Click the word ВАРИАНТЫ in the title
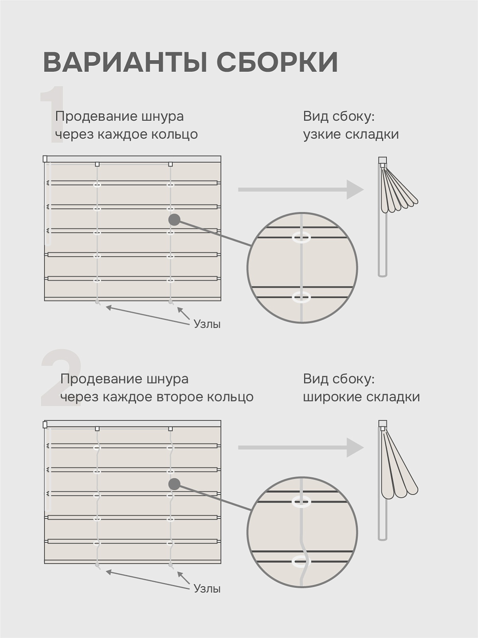(x=125, y=62)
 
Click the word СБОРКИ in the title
(x=278, y=62)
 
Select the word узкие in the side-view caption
(x=322, y=134)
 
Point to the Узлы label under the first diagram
(x=207, y=324)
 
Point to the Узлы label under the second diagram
(x=207, y=589)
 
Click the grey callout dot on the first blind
(x=174, y=220)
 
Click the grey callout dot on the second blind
(x=174, y=484)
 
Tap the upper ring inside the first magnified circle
(x=302, y=238)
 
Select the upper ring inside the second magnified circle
(x=302, y=501)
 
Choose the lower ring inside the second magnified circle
(x=301, y=561)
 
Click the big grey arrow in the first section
(x=301, y=189)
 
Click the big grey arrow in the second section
(x=301, y=448)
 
